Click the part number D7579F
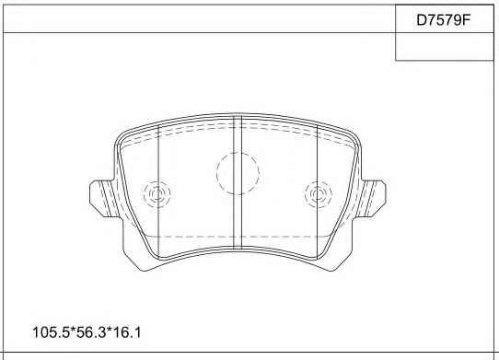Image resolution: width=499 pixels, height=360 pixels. [x=444, y=20]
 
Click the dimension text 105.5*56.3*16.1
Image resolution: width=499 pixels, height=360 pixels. [x=87, y=333]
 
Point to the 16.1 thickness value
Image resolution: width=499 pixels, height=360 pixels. [x=127, y=333]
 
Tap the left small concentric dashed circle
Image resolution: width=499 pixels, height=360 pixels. [x=157, y=194]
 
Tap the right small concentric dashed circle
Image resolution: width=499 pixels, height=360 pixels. [x=319, y=194]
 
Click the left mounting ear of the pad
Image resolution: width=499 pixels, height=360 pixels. [x=102, y=199]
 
